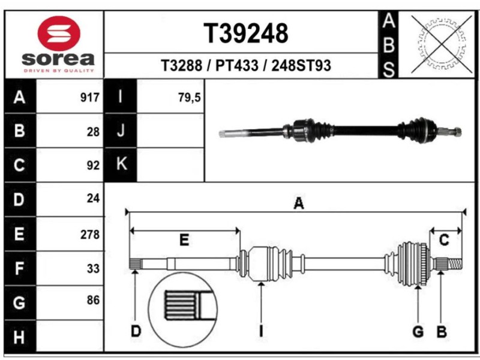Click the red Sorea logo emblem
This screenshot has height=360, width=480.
tap(59, 34)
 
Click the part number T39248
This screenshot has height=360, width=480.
tap(246, 34)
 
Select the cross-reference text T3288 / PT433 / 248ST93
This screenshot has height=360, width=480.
tap(246, 65)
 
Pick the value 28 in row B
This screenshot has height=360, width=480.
tap(93, 132)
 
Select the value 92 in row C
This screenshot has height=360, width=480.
tap(93, 166)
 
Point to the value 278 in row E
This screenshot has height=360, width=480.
tap(90, 235)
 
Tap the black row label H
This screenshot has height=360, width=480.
tap(19, 337)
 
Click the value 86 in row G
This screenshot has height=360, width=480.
tap(93, 300)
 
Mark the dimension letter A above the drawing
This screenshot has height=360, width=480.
tap(298, 203)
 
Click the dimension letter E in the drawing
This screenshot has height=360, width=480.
tap(184, 240)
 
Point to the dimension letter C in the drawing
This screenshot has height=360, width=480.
tap(444, 240)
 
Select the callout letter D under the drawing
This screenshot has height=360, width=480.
tap(136, 331)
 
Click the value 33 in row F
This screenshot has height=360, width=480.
tap(93, 268)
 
